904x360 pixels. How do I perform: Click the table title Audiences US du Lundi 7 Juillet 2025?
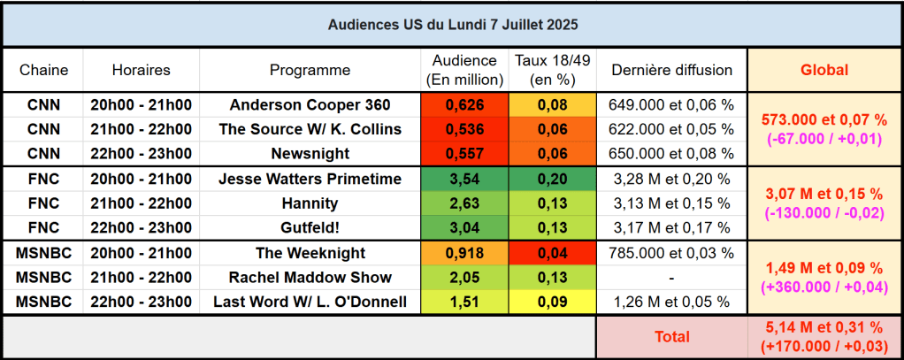coord(451,24)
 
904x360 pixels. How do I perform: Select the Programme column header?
coord(310,70)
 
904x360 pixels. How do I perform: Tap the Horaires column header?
coord(142,70)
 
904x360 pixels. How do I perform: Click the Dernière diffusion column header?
coord(671,70)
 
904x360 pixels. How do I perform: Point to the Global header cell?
coord(824,70)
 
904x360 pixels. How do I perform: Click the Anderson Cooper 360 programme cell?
coord(310,104)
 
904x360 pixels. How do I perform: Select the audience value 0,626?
coord(464,104)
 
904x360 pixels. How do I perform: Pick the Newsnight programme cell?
coord(310,154)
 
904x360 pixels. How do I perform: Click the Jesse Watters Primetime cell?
coord(310,179)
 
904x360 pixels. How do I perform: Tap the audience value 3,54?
coord(464,179)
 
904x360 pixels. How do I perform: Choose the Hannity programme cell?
coord(310,203)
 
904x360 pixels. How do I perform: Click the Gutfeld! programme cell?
coord(310,228)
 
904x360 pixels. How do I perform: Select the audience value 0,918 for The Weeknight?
coord(464,253)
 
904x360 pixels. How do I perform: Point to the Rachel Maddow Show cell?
coord(310,278)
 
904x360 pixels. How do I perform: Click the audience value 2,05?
coord(464,278)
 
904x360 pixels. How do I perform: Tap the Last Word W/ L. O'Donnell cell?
coord(310,303)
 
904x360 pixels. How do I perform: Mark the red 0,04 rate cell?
coord(553,253)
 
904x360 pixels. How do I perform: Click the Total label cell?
coord(671,337)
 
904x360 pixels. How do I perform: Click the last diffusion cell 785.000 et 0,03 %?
coord(671,253)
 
